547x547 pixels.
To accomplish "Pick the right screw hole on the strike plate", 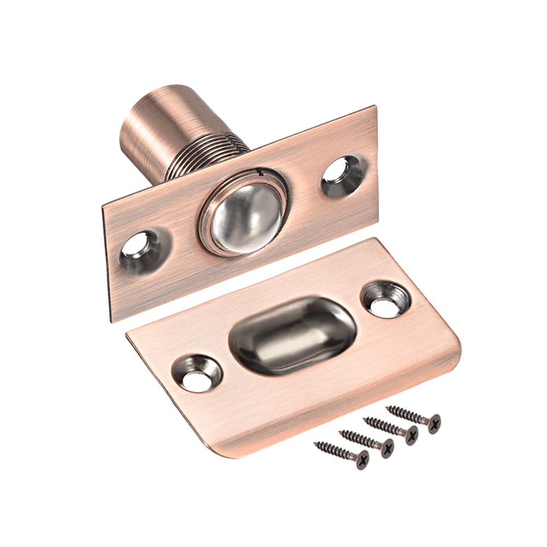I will point(387,300).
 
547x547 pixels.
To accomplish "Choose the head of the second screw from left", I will point(386,448).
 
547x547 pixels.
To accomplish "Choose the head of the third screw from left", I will point(410,435).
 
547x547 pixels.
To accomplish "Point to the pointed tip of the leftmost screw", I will point(316,444).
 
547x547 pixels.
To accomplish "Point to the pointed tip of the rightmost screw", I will point(387,407).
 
